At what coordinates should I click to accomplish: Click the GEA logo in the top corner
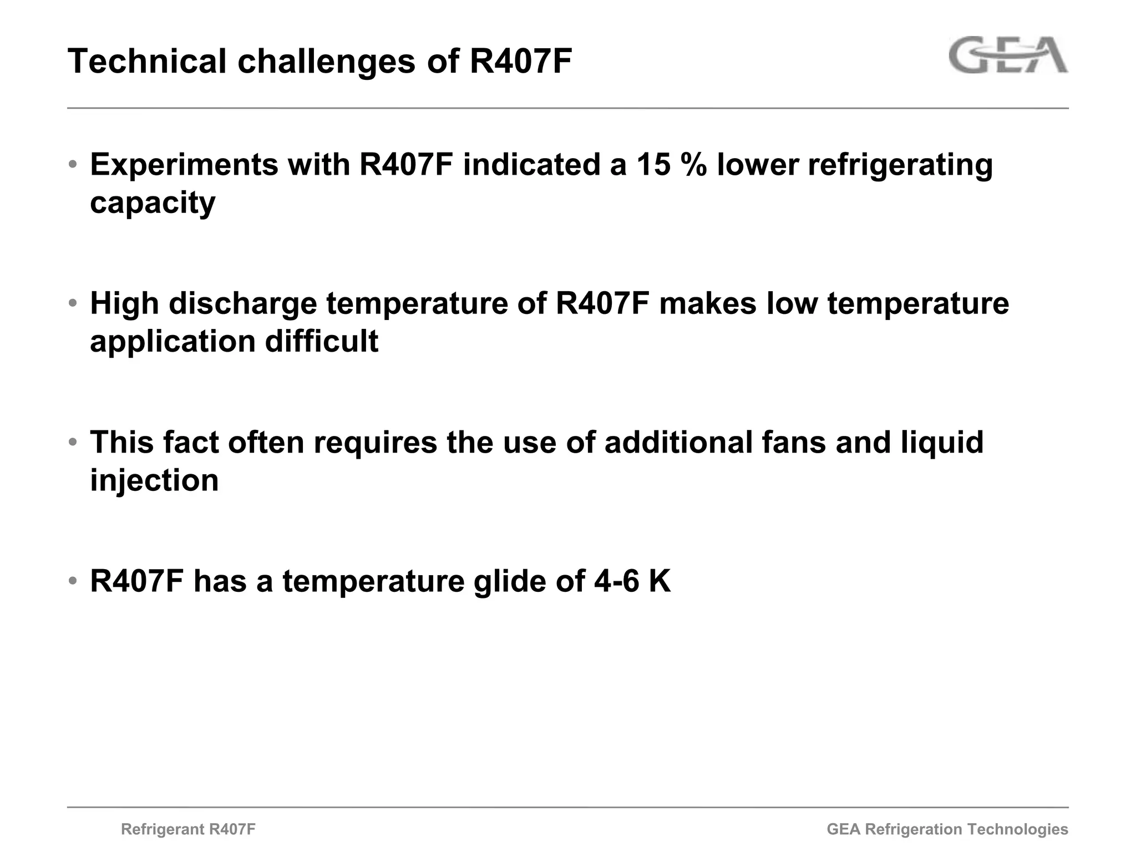click(x=1008, y=55)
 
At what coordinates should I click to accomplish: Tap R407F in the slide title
click(x=520, y=61)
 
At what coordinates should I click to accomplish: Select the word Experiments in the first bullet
click(x=184, y=165)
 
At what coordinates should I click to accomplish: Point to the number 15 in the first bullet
click(x=653, y=165)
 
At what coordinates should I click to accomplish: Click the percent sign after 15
click(x=694, y=165)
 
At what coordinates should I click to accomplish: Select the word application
click(x=173, y=342)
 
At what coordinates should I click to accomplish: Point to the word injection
click(x=154, y=480)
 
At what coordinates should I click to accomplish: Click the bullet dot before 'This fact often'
click(x=73, y=443)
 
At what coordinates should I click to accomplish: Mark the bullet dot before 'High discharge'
click(x=73, y=304)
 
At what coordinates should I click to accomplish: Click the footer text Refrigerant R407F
click(x=188, y=829)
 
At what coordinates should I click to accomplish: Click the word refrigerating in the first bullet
click(x=900, y=165)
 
